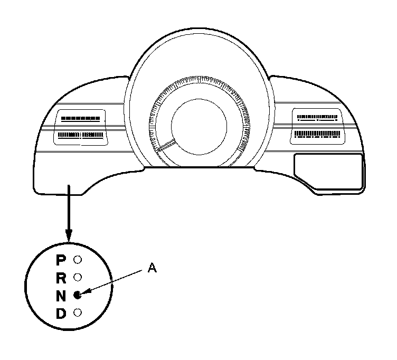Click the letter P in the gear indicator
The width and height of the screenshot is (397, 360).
[x=61, y=260]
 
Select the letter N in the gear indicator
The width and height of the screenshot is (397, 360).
[x=61, y=296]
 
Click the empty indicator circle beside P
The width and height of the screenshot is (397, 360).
[x=77, y=260]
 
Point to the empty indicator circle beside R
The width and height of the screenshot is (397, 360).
[x=77, y=277]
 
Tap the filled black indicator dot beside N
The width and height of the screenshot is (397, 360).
[x=77, y=295]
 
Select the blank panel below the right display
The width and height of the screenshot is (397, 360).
[x=328, y=170]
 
